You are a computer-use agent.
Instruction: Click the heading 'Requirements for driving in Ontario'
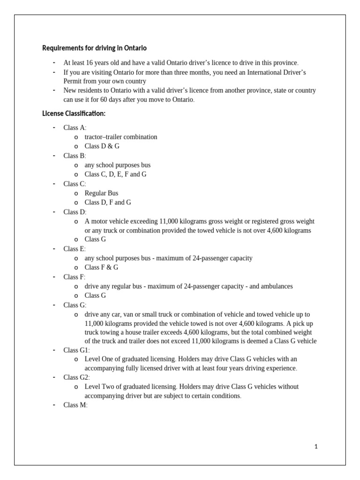coord(94,48)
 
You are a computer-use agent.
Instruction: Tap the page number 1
coord(316,447)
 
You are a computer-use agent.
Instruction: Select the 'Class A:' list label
coord(75,128)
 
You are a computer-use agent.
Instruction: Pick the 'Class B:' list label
coord(75,156)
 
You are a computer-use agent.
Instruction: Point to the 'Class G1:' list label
coord(77,350)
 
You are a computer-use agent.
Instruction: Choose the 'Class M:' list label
coord(75,405)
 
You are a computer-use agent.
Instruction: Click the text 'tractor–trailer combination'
coord(121,137)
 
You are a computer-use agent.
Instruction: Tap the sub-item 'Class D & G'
coord(102,146)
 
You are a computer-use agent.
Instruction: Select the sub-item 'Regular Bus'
coord(101,193)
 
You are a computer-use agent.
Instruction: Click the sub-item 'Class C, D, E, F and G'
coord(115,174)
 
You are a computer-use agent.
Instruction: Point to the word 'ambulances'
coord(277,286)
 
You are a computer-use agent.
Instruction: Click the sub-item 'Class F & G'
coord(101,267)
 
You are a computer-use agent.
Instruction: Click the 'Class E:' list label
coord(75,249)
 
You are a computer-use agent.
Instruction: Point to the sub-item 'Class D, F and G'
coord(108,202)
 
